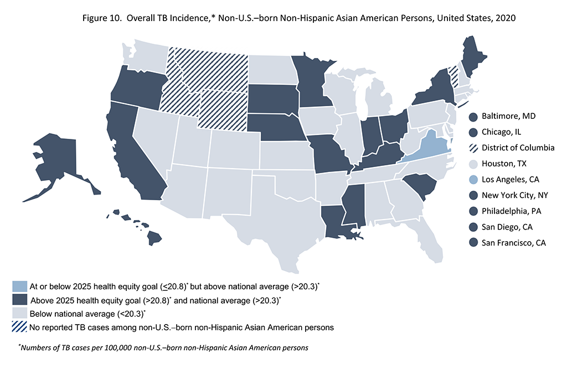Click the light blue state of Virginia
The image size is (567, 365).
point(426,145)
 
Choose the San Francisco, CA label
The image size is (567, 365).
point(514,243)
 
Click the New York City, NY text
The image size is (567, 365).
point(515,196)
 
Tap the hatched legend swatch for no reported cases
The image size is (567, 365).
point(20,327)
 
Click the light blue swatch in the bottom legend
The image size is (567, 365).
point(20,286)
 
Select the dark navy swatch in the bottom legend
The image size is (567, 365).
point(20,300)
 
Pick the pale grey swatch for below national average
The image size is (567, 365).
point(20,314)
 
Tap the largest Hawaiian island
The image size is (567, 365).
point(154,238)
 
